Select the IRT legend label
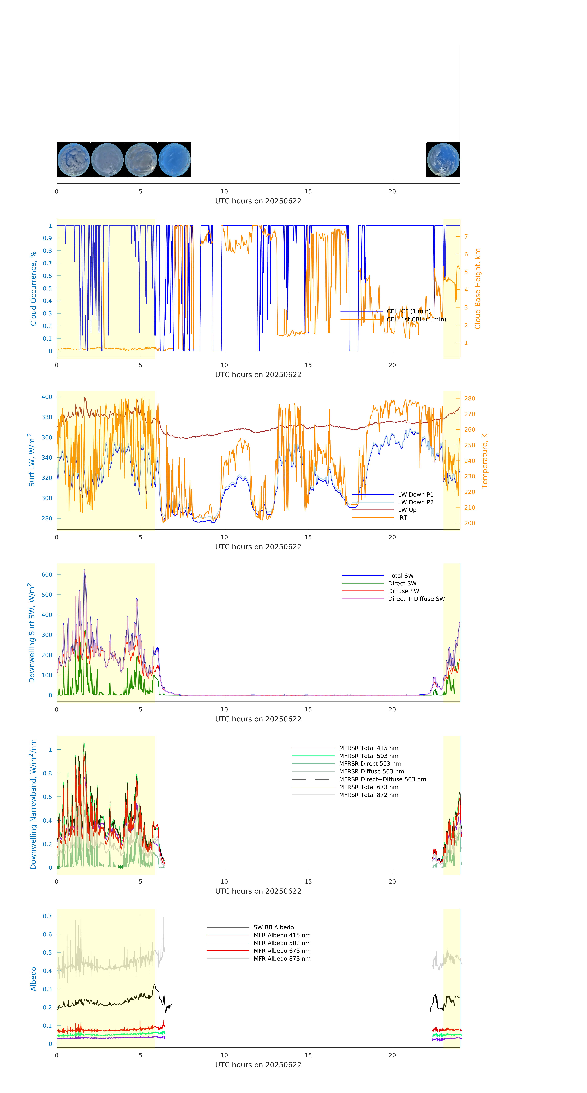pyautogui.click(x=402, y=518)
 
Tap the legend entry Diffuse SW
pyautogui.click(x=403, y=591)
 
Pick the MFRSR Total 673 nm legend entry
pyautogui.click(x=368, y=787)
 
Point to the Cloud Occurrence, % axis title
pyautogui.click(x=33, y=289)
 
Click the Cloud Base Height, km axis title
pyautogui.click(x=477, y=289)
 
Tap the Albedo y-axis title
pyautogui.click(x=33, y=979)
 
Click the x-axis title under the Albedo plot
pyautogui.click(x=258, y=1065)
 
